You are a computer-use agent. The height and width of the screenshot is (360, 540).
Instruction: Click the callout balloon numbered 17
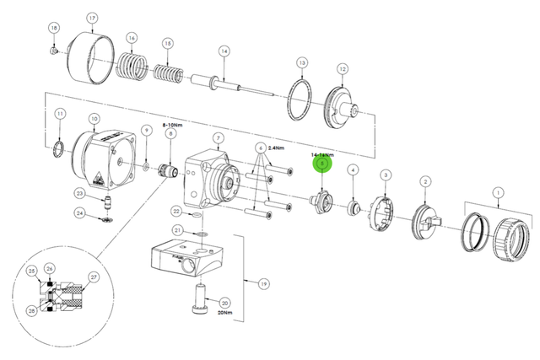(92, 18)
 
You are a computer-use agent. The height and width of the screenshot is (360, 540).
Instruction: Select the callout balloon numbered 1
(498, 193)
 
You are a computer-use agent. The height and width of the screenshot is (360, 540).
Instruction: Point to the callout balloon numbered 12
(343, 68)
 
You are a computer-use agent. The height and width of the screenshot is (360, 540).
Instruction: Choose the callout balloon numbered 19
(262, 284)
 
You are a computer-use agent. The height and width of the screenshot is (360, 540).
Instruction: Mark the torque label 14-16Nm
(323, 156)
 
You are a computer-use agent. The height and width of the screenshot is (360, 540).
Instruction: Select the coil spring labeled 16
(132, 65)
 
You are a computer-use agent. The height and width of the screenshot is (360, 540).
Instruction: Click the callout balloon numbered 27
(93, 277)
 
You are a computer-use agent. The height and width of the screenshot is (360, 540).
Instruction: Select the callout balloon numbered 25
(31, 271)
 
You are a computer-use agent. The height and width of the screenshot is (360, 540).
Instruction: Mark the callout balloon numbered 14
(224, 51)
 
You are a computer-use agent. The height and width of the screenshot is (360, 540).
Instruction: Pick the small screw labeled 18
(55, 51)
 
